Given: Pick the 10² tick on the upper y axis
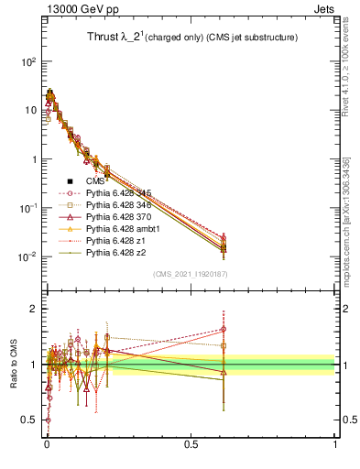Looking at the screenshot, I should [x=27, y=61].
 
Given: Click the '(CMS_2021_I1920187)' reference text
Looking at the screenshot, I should [x=191, y=273].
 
